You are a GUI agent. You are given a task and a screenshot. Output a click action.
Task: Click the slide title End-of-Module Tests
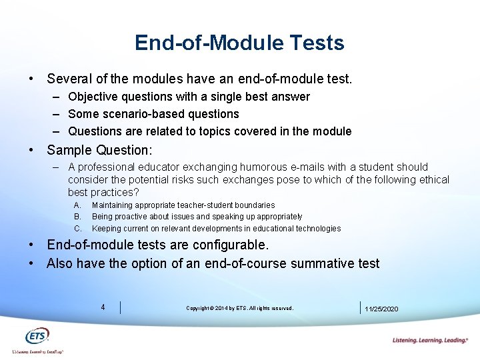tap(239, 43)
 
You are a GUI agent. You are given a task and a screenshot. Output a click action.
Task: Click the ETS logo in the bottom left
tap(37, 337)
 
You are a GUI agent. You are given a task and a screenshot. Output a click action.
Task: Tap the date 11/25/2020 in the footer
tap(381, 309)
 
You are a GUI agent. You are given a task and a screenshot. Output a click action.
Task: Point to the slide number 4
tap(103, 307)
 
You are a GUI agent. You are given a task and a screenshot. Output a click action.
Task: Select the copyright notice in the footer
tap(239, 308)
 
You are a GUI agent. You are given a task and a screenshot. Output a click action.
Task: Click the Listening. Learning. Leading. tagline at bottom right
tap(430, 341)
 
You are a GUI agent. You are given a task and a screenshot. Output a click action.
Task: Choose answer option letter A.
tap(77, 205)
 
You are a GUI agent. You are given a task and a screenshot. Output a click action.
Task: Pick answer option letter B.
tap(77, 217)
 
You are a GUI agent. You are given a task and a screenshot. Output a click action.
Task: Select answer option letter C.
tap(77, 229)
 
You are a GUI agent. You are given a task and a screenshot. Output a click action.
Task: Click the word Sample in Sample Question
tap(70, 149)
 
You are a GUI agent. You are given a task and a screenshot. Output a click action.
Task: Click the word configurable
tap(227, 245)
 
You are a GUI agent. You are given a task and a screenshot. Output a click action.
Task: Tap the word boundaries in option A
tap(251, 205)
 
